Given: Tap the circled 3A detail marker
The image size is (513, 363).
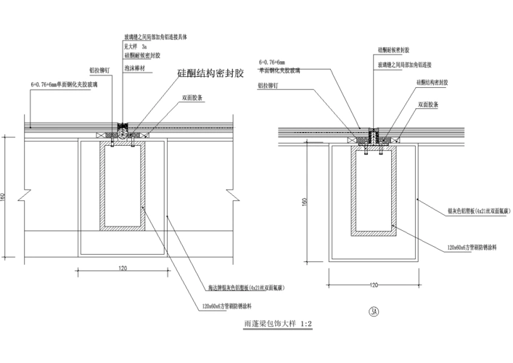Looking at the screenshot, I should [x=374, y=312].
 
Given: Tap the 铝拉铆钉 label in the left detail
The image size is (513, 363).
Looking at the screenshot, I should [x=99, y=70].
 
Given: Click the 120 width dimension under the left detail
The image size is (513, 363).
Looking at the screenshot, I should [x=123, y=268].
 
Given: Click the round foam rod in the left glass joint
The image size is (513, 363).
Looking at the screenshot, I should [x=123, y=133].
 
